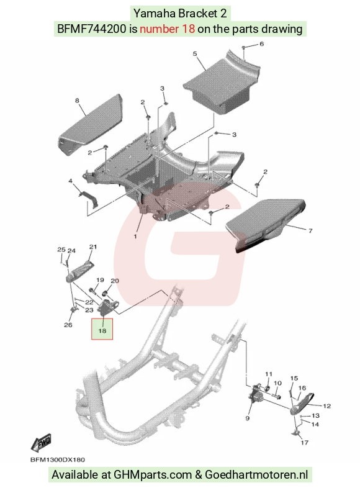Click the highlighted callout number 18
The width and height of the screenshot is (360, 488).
click(102, 330)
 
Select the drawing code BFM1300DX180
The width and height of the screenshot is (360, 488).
click(58, 459)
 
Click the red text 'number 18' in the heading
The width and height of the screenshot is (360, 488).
click(168, 29)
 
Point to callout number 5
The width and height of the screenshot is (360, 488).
click(195, 54)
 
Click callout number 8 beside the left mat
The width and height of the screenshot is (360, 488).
click(77, 100)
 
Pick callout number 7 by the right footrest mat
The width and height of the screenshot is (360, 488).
click(310, 230)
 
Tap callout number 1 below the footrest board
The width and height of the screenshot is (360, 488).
click(135, 237)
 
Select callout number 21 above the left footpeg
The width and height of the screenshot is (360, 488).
click(93, 247)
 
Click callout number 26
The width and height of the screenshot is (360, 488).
click(68, 325)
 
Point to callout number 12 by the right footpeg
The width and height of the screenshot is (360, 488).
click(326, 406)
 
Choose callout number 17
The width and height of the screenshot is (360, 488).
click(304, 442)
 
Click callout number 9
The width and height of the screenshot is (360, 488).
click(248, 418)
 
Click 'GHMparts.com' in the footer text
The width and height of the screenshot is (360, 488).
click(153, 474)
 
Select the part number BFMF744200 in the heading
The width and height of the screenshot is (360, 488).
click(92, 29)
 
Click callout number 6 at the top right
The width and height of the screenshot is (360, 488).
click(261, 44)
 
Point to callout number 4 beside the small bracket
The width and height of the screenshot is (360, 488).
click(71, 181)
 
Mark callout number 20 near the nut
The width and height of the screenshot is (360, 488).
click(115, 281)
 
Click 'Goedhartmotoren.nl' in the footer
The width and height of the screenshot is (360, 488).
click(256, 474)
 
